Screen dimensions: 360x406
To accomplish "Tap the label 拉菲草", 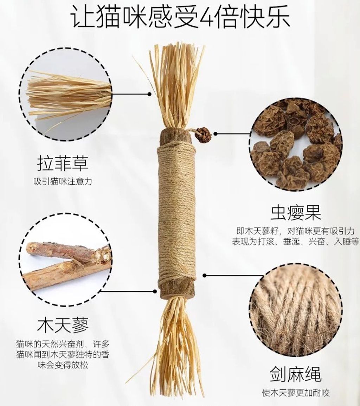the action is tap(63, 163).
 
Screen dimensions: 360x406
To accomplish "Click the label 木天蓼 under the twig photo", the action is tap(63, 325).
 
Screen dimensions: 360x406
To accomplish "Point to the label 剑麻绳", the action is tap(296, 374).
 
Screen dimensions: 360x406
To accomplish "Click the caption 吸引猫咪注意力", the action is tap(63, 181).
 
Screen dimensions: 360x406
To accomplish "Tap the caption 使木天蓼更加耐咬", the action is tap(296, 393).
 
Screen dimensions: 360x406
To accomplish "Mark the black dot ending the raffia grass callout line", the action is tap(149, 94).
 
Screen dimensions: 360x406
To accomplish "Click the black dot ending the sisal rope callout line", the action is tap(205, 275).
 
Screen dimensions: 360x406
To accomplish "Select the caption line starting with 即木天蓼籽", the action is tap(296, 231).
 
